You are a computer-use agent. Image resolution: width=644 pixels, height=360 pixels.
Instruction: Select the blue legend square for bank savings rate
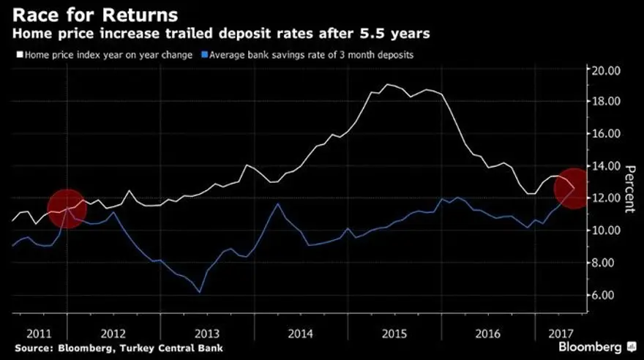coord(206,54)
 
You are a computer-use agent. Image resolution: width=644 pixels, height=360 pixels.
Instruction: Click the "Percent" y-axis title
coord(628,187)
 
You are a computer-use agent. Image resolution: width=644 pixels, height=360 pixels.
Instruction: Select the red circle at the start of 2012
coord(67,209)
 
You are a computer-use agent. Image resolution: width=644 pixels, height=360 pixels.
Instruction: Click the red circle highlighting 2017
coord(574,188)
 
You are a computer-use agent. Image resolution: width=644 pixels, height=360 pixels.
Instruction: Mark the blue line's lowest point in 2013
coord(200,293)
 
